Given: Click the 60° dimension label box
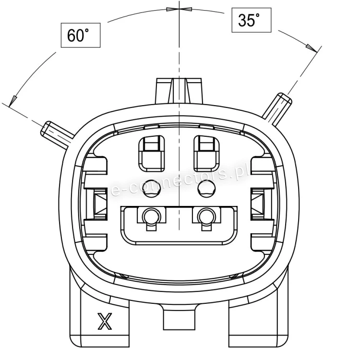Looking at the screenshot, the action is click(x=81, y=36).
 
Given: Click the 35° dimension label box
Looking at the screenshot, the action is click(x=252, y=20).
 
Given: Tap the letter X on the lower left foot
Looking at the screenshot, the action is click(x=105, y=321).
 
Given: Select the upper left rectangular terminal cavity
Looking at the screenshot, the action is click(x=152, y=153).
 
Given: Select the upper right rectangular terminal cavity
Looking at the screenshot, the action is click(x=206, y=153).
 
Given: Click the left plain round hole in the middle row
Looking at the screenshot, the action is click(x=151, y=188).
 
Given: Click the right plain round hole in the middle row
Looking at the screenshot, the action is click(x=206, y=188).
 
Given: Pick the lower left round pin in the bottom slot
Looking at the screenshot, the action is click(x=151, y=216).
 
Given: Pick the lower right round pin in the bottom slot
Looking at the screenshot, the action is click(x=206, y=216).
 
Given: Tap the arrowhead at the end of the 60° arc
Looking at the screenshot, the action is click(x=13, y=101).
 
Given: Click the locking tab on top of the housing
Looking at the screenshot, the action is click(x=179, y=91).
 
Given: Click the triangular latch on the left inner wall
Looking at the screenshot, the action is click(x=100, y=203).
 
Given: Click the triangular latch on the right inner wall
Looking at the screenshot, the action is click(x=258, y=203).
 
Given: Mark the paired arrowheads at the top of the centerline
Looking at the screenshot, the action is click(x=179, y=9).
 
